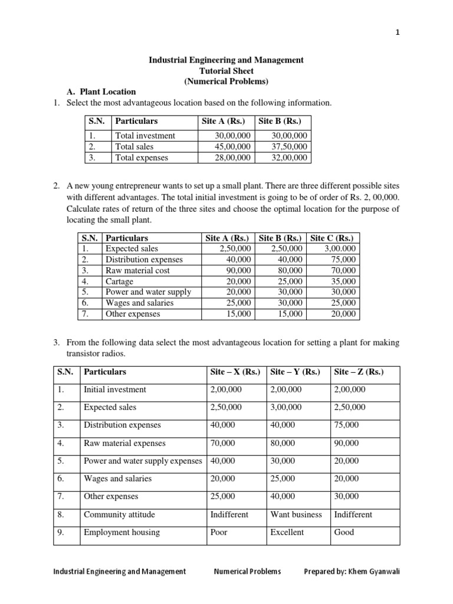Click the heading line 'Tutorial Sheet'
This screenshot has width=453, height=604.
tap(226, 71)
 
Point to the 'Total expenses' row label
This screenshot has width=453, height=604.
tap(142, 157)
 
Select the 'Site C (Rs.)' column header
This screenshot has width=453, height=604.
tap(332, 238)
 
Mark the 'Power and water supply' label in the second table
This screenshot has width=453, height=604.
tap(140, 292)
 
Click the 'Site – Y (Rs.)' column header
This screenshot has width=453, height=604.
tap(295, 372)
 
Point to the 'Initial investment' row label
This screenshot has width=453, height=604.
tap(115, 390)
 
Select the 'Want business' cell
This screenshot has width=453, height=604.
tap(296, 514)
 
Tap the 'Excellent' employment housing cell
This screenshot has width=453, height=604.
tap(287, 532)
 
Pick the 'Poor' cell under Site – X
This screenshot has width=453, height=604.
tap(219, 532)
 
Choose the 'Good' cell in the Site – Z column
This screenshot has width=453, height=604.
tap(344, 532)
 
